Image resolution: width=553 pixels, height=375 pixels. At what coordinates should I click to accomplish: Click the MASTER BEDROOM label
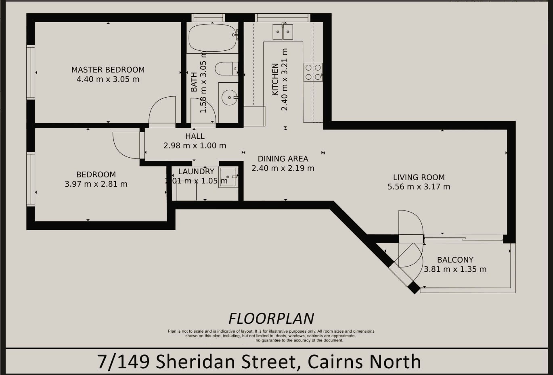108,70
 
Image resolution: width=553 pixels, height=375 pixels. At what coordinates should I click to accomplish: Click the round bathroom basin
229,98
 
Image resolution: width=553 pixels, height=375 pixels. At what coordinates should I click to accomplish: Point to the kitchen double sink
283,31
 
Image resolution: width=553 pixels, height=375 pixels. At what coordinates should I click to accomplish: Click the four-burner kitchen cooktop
313,72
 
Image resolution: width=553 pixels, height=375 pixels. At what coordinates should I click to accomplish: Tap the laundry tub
228,177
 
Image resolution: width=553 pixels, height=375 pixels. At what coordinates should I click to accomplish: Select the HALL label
195,136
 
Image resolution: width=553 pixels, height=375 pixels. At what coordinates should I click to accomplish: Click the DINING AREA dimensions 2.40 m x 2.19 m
283,169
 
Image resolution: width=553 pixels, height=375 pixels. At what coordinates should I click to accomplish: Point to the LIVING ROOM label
419,177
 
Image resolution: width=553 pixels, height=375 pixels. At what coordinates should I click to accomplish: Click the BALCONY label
455,260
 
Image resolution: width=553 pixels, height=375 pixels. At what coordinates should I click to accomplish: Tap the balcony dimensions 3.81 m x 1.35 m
455,269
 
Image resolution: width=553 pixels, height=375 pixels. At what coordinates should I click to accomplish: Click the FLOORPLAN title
271,319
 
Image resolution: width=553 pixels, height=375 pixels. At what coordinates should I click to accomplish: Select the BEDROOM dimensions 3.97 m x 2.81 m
96,184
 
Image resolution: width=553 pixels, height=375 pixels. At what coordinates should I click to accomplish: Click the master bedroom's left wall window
31,72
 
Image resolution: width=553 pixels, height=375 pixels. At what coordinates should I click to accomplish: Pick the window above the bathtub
208,18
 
